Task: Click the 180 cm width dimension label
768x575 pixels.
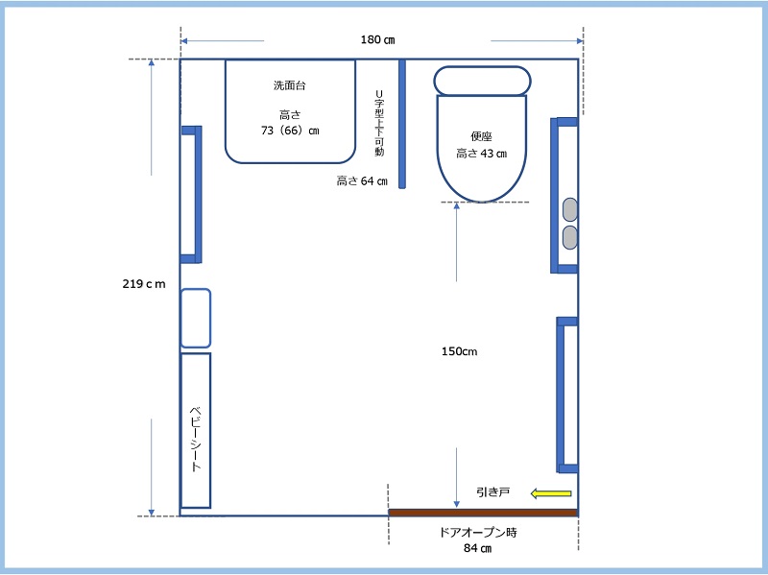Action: click(377, 39)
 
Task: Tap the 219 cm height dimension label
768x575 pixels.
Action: click(144, 284)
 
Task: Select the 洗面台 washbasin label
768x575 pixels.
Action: click(290, 85)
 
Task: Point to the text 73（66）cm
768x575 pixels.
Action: click(290, 131)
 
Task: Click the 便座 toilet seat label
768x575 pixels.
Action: click(481, 136)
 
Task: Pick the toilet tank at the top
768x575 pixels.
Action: click(483, 81)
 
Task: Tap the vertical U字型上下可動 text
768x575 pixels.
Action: click(379, 123)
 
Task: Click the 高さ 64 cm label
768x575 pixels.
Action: click(362, 181)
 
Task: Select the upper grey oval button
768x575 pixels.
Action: click(569, 209)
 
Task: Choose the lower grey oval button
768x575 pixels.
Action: click(569, 237)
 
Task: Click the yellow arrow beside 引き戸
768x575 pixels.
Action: click(551, 493)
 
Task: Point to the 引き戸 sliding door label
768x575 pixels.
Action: click(493, 491)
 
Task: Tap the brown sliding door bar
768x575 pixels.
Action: click(484, 513)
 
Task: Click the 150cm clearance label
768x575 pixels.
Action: click(460, 351)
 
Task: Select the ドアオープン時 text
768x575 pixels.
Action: click(478, 533)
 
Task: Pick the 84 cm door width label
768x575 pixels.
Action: click(477, 548)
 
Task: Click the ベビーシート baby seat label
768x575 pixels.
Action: click(196, 439)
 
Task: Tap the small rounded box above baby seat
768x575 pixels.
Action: click(196, 319)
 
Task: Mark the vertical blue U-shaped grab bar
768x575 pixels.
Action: click(402, 124)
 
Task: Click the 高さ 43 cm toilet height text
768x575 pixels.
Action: click(482, 154)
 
